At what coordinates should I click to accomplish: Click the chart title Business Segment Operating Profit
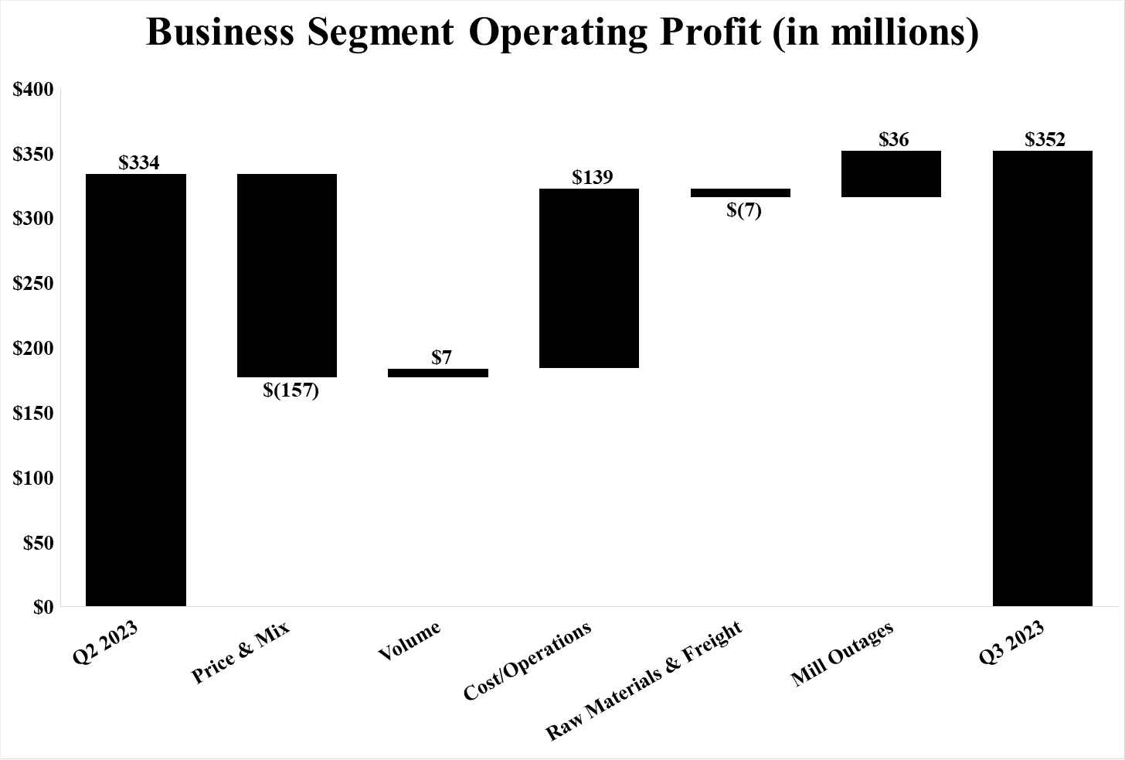pos(562,32)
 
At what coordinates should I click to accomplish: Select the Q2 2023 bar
pos(136,390)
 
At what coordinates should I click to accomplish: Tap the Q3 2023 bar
pos(1042,378)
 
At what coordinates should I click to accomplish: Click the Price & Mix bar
pos(287,275)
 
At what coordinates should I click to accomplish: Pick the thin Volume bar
pos(438,373)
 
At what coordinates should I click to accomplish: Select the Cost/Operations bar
pos(589,278)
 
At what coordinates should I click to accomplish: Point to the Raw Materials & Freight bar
pos(740,193)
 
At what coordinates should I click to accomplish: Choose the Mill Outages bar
pos(891,174)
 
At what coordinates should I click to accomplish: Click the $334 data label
pos(139,163)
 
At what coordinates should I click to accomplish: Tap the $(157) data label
pos(291,390)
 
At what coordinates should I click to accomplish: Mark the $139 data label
pos(593,178)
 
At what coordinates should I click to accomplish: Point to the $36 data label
pos(894,140)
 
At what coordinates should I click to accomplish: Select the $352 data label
pos(1045,140)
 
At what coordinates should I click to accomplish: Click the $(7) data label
pos(743,210)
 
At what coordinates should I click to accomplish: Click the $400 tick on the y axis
pos(33,90)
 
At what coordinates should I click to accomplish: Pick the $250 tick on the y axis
pos(33,284)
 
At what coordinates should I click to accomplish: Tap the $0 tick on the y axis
pos(43,608)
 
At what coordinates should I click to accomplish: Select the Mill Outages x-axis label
pos(842,654)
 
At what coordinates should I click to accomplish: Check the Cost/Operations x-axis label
pos(528,661)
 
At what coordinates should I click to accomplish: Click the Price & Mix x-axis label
pos(240,652)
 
